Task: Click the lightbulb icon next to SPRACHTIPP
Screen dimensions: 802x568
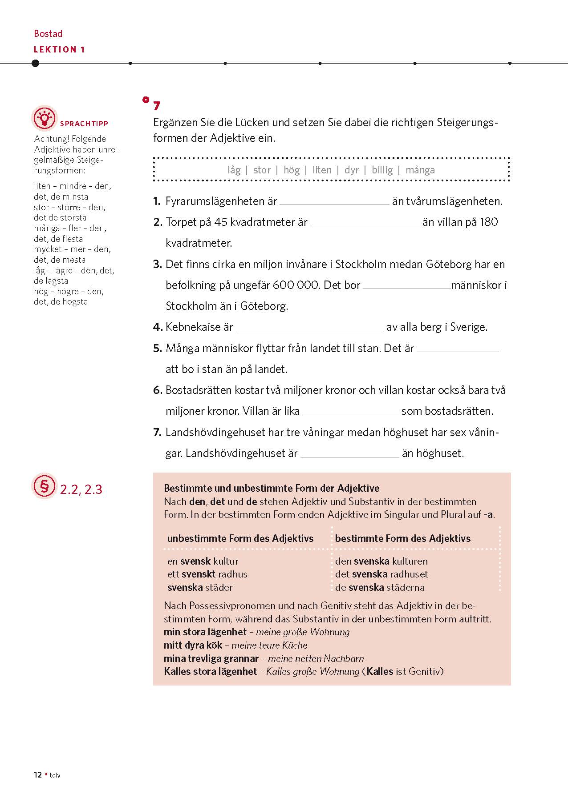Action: [45, 118]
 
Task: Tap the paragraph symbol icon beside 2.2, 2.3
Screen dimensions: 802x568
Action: [44, 486]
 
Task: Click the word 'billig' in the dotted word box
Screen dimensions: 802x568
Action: [382, 170]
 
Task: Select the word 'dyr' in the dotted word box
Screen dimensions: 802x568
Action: [352, 170]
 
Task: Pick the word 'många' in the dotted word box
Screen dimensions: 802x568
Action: [420, 170]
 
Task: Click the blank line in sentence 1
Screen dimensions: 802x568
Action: [334, 202]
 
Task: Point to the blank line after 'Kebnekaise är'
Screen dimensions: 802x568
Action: [310, 328]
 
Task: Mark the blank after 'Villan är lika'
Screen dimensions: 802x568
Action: [350, 412]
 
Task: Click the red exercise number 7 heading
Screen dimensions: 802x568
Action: [156, 106]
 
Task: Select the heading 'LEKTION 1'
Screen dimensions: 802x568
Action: [59, 49]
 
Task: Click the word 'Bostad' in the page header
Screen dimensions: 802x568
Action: [48, 34]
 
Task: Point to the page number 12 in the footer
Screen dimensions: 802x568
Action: [38, 775]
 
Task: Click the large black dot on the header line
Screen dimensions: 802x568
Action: [36, 63]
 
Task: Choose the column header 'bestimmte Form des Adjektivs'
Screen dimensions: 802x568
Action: [402, 538]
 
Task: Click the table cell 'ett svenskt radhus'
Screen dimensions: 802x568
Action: [207, 574]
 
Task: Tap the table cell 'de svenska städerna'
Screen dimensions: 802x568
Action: [380, 587]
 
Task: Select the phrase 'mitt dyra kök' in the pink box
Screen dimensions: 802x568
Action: [193, 645]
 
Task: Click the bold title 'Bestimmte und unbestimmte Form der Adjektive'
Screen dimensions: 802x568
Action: [272, 488]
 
